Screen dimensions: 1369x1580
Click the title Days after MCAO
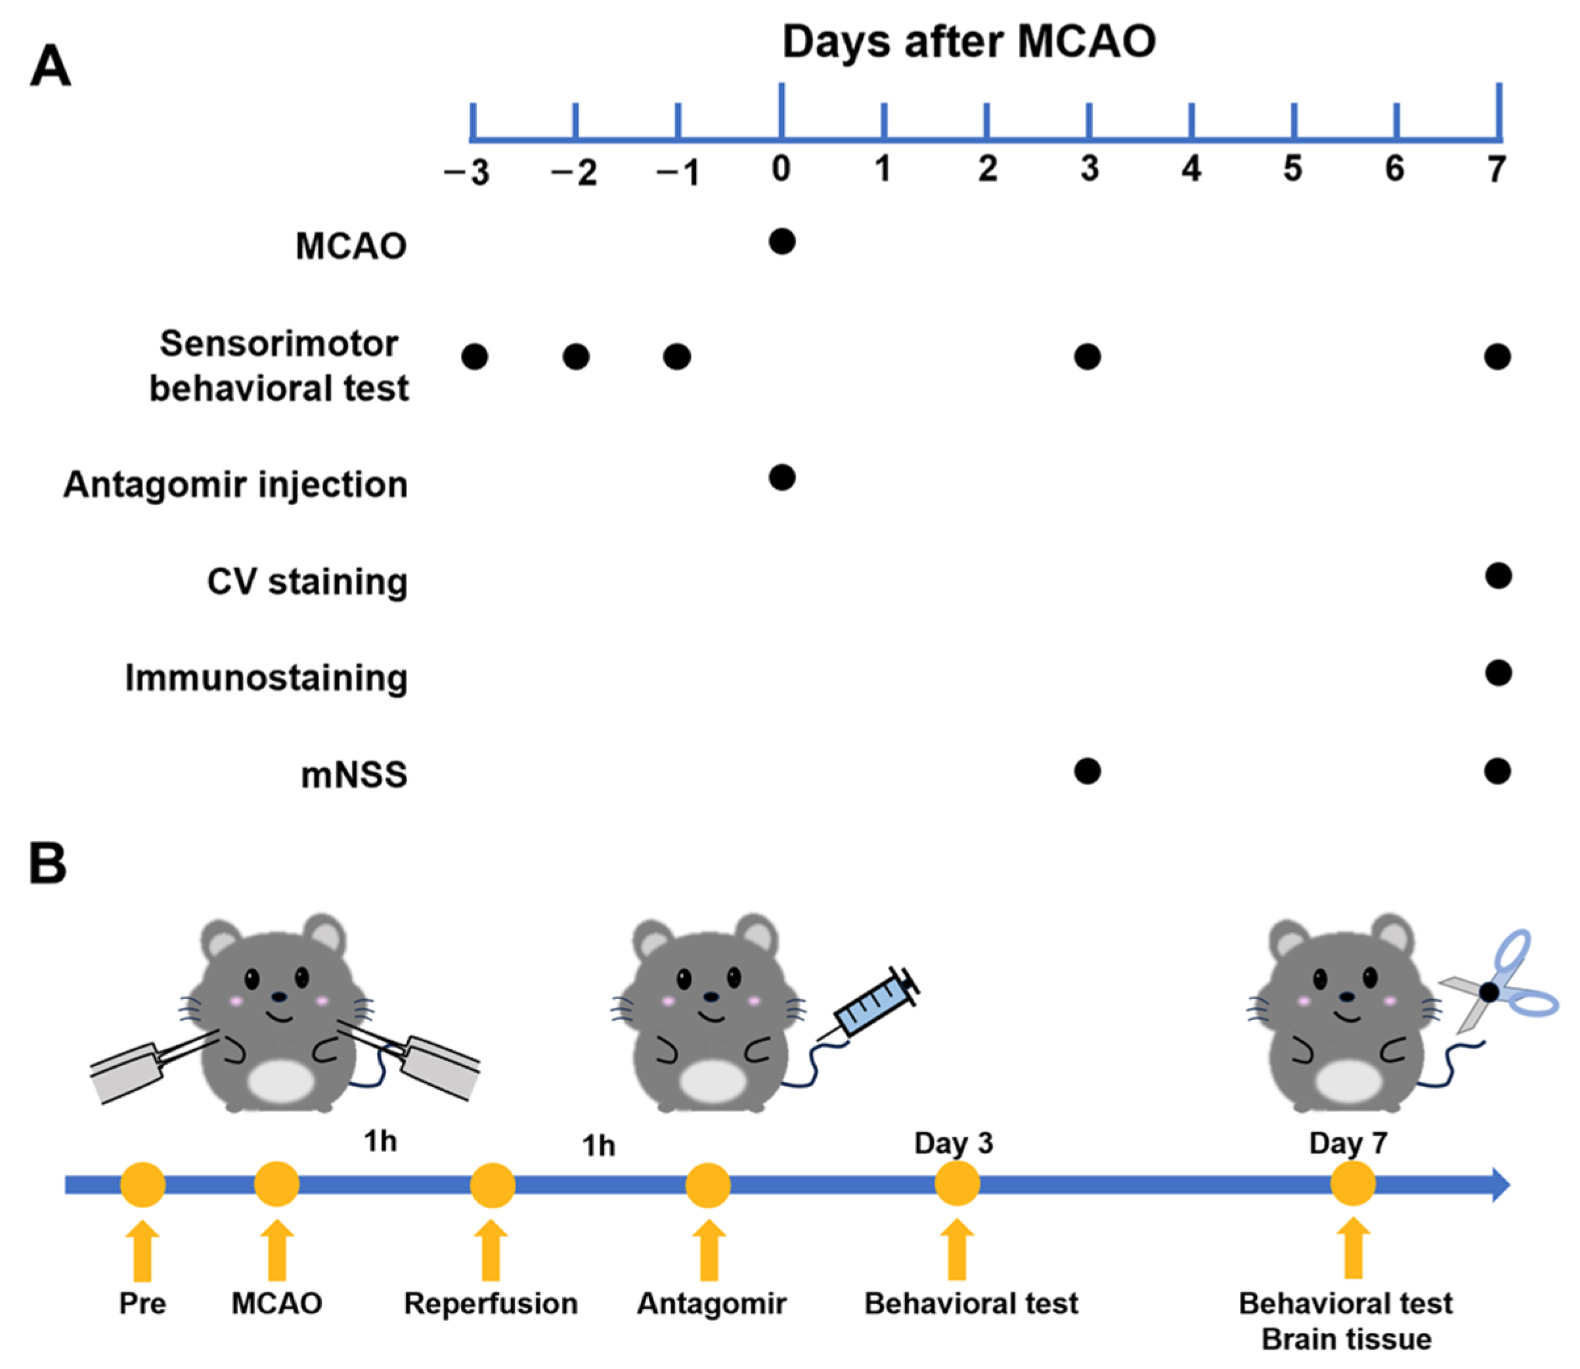pos(969,41)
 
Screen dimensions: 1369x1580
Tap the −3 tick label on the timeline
pos(468,173)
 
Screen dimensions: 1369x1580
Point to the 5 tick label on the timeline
pos(1292,169)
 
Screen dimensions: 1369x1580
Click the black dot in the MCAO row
pos(782,241)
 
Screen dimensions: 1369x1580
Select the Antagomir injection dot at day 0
pos(782,478)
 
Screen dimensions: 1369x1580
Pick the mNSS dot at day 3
pos(1087,771)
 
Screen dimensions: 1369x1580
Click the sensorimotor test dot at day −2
pos(576,356)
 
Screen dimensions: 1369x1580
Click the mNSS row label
pos(353,775)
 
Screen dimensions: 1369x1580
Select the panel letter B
pos(47,863)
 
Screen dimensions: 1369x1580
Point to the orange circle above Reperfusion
pos(492,1185)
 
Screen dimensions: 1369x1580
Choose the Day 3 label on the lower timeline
pos(954,1143)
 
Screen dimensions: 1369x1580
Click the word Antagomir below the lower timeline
pos(711,1303)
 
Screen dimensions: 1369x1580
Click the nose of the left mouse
pos(280,996)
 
